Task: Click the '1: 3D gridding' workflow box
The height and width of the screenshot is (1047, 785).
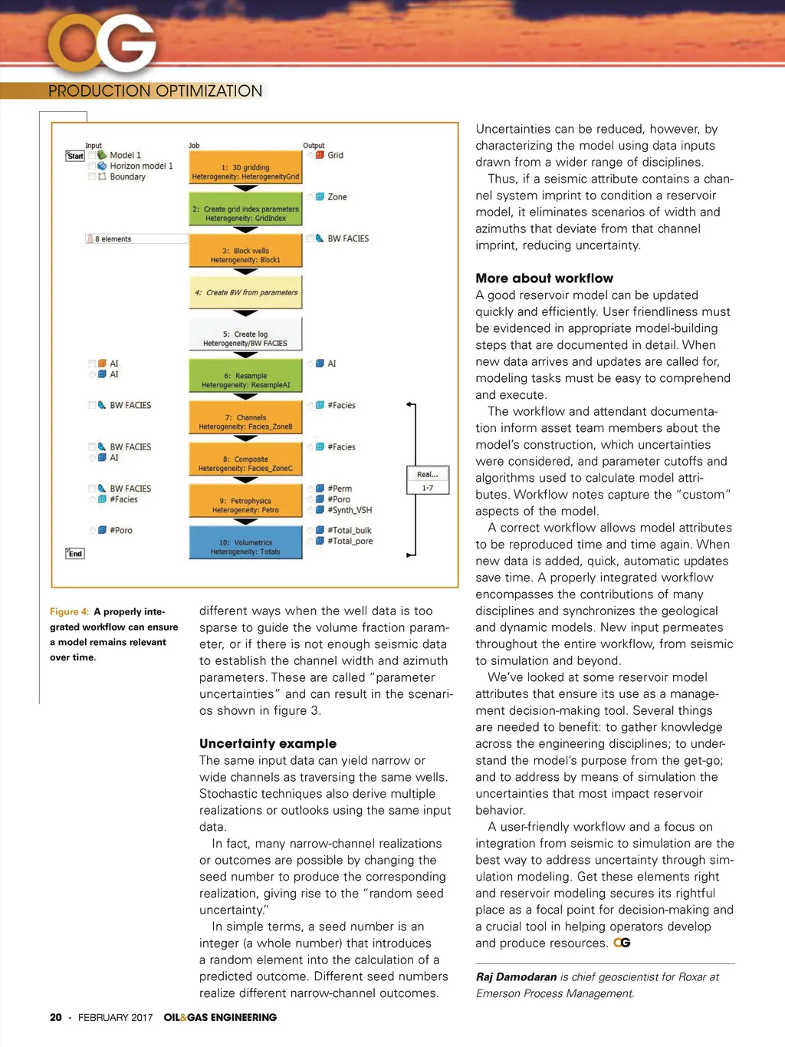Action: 245,168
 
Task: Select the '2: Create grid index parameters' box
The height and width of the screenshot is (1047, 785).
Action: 245,210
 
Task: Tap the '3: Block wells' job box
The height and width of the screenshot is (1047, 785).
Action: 245,252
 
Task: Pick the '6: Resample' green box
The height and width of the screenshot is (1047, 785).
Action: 245,377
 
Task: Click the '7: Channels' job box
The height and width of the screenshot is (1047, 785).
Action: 245,419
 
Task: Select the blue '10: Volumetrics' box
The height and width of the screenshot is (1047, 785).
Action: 245,544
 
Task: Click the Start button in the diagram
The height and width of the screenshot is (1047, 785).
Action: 75,156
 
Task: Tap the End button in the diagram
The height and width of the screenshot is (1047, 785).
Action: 75,554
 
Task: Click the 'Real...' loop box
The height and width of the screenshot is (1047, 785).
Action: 427,475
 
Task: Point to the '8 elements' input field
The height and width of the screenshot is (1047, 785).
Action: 136,239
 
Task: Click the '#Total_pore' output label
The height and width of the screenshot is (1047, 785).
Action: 350,541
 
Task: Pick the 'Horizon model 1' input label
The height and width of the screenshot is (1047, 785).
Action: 141,166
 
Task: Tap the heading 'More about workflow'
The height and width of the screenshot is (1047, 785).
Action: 544,278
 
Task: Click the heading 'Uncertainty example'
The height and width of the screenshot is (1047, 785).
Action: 268,743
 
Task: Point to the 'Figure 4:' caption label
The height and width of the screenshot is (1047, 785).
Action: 69,611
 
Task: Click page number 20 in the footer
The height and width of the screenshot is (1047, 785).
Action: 55,1017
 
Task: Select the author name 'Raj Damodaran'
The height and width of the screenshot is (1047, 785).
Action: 516,976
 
